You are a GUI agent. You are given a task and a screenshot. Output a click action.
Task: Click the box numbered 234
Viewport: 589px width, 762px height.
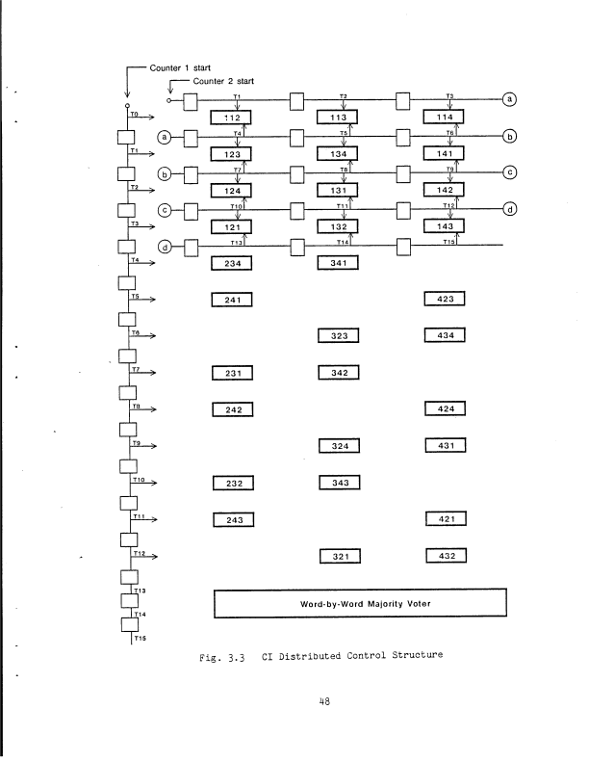coord(231,263)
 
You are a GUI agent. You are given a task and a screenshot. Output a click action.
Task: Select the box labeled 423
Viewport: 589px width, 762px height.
coord(445,299)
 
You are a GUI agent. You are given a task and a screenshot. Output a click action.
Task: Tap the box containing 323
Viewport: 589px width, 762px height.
coord(338,335)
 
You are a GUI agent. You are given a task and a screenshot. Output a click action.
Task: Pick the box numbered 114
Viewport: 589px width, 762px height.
coord(445,118)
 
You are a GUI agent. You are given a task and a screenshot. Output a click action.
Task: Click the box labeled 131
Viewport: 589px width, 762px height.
coord(338,190)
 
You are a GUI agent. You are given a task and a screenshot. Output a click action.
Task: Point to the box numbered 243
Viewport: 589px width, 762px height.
coord(231,520)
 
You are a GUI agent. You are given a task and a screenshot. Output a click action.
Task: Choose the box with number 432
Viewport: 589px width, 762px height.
coord(445,556)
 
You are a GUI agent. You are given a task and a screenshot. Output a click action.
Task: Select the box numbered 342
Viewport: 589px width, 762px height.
coord(338,372)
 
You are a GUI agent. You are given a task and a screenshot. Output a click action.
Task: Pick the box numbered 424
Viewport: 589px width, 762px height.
coord(445,408)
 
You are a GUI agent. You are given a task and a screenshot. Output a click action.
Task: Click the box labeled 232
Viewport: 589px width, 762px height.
coord(231,483)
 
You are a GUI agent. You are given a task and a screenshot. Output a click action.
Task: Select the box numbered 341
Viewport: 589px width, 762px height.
coord(338,263)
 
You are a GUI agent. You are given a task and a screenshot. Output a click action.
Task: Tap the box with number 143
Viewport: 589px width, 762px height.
coord(445,226)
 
